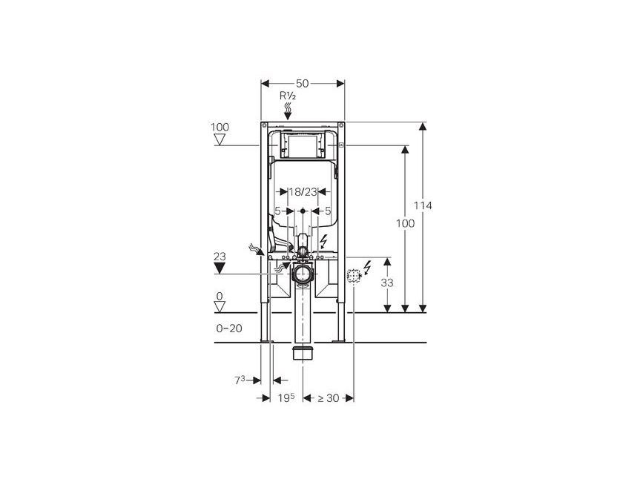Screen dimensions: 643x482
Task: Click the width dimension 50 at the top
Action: tap(303, 83)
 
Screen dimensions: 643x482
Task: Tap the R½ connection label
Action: tap(288, 96)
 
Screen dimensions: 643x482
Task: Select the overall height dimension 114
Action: tap(423, 205)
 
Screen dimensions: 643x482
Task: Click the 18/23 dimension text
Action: tap(303, 191)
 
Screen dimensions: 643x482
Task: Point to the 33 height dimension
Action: tap(386, 283)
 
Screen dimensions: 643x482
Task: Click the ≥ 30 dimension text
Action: tap(328, 398)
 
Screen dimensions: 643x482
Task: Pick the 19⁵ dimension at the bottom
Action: tap(286, 397)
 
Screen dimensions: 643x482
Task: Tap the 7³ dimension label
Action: tap(240, 380)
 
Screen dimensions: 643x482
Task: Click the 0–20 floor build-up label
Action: tap(229, 329)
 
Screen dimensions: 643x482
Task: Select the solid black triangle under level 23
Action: tap(220, 268)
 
